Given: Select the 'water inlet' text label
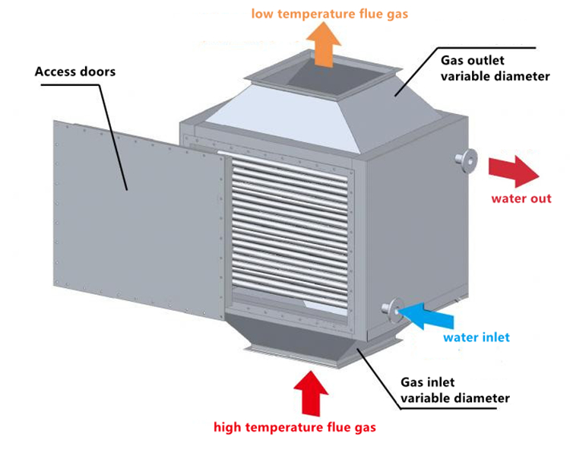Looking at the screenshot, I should point(477,337).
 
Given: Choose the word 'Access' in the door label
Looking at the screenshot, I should point(55,72).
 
